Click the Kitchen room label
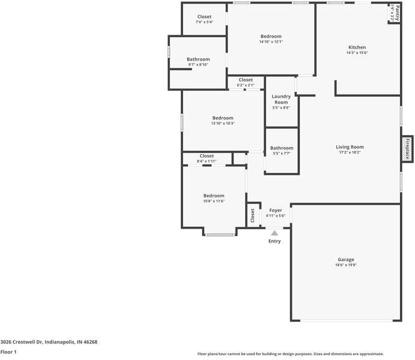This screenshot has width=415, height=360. coord(357,47)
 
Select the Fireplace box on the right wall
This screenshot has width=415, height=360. coord(407,148)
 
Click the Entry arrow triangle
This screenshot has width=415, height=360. coord(274,233)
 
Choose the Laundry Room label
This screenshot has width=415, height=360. coord(281,99)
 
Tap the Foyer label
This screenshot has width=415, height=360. coord(276,211)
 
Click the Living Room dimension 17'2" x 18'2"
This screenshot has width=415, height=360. coord(350,152)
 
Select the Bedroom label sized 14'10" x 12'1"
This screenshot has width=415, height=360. coord(271,37)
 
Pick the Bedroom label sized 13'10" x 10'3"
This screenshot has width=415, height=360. coord(223,118)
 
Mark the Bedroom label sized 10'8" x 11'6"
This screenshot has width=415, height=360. coord(213,196)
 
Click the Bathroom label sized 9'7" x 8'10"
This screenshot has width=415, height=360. coord(198,59)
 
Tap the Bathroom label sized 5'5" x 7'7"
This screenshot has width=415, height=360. coord(282,148)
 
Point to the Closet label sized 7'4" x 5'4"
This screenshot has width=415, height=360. coord(204,17)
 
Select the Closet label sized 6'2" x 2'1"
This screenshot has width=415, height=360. coord(246,80)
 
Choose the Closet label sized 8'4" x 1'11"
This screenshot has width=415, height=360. coord(207,156)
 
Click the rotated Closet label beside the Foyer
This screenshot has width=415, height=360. coord(253,214)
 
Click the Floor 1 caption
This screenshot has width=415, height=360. coord(8,352)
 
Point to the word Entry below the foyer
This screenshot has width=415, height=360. coord(274,241)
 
